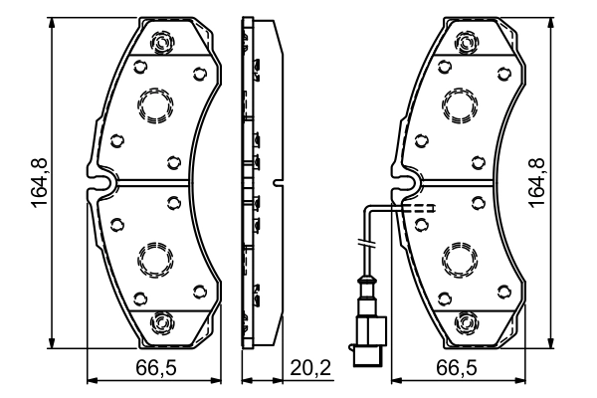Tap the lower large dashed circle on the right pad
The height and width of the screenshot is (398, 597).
coord(459,261)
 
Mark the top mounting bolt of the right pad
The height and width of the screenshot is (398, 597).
coord(466,41)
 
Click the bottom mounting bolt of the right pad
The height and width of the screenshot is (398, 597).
coord(466,323)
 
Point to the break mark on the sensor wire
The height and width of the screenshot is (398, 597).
coord(365,245)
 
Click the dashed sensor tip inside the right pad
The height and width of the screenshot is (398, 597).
coord(422,209)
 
